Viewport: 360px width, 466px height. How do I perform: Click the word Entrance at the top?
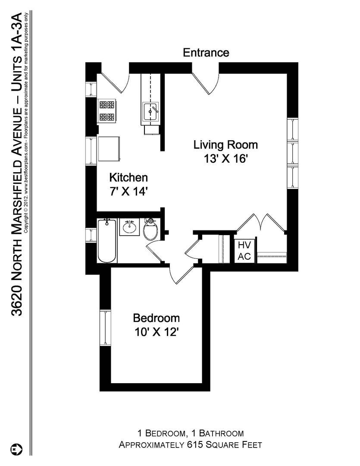(206, 53)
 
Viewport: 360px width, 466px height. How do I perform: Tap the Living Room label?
(225, 145)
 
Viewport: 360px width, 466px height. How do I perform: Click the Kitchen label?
(128, 177)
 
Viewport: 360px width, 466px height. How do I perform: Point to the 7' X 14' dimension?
(128, 191)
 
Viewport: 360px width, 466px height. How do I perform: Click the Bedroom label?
(156, 318)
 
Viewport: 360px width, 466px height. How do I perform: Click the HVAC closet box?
(244, 251)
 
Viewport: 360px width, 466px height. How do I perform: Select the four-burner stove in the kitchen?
(107, 110)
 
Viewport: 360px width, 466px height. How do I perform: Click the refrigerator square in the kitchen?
(110, 149)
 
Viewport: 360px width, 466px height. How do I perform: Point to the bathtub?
(107, 241)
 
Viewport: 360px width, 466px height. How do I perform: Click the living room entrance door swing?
(206, 83)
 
